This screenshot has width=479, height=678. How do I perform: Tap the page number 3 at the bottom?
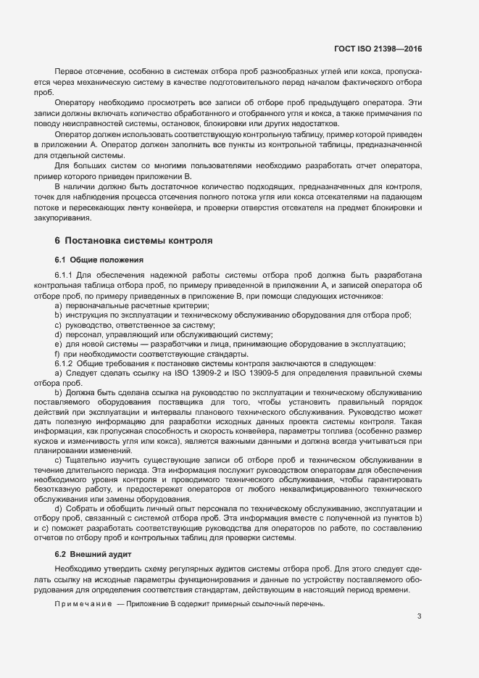click(419, 616)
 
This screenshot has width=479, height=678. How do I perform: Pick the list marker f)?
click(58, 353)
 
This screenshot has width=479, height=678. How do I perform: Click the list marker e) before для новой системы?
click(58, 344)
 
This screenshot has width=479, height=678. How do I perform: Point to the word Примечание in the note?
click(83, 604)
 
